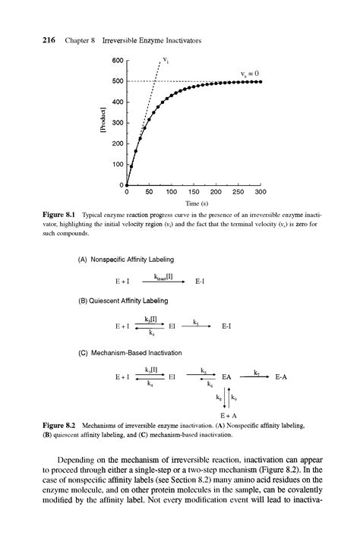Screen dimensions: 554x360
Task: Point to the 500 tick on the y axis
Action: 118,81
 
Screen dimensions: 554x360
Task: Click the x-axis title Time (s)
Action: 193,203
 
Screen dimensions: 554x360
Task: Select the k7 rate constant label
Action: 257,371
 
